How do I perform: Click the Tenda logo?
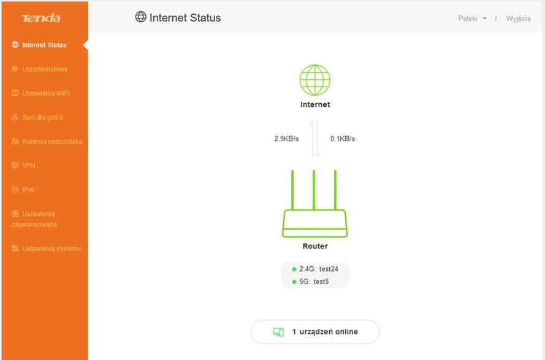pyautogui.click(x=40, y=18)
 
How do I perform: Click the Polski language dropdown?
pyautogui.click(x=472, y=18)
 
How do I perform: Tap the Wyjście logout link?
pyautogui.click(x=518, y=18)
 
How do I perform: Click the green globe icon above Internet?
pyautogui.click(x=315, y=80)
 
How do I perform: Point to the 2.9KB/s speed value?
pyautogui.click(x=286, y=139)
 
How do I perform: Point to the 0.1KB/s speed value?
pyautogui.click(x=343, y=139)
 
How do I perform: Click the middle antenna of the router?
pyautogui.click(x=314, y=190)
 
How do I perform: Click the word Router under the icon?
pyautogui.click(x=315, y=247)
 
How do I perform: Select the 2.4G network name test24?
pyautogui.click(x=329, y=269)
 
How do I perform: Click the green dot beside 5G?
pyautogui.click(x=294, y=281)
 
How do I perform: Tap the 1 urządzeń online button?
pyautogui.click(x=315, y=332)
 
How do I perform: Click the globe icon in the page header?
pyautogui.click(x=141, y=17)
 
